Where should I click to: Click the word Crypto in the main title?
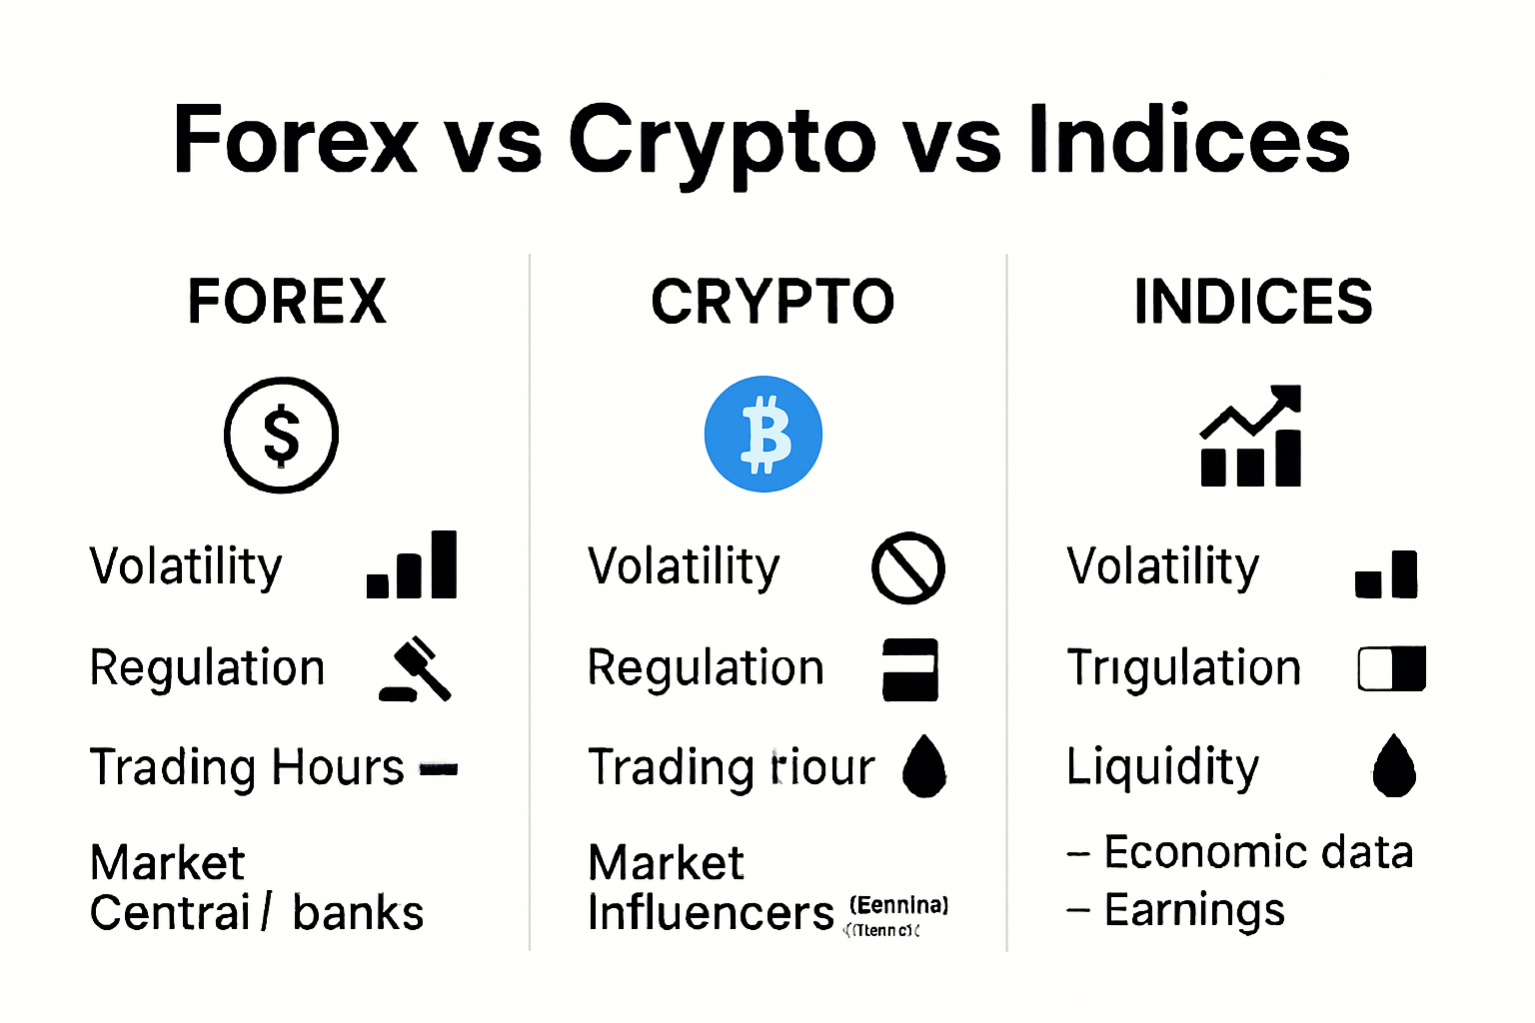coord(722,141)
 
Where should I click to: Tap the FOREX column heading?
coord(287,302)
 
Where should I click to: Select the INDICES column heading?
coord(1253,302)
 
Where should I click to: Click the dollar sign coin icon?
coord(281,435)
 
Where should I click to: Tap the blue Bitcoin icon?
coord(764,435)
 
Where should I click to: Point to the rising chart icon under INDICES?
coord(1251,436)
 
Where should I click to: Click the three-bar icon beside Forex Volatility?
coord(413,565)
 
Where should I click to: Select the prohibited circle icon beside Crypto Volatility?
coord(907,567)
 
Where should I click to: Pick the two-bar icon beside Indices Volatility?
coord(1386,574)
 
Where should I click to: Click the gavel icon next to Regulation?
coord(416,669)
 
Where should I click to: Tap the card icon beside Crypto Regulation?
coord(910,669)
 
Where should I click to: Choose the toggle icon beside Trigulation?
coord(1391,669)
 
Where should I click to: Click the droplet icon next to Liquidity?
coord(1394,767)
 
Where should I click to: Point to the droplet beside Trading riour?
coord(924,767)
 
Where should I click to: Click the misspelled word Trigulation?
coord(1184,667)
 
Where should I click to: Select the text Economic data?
coord(1258,852)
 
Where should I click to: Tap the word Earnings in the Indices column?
coord(1194,910)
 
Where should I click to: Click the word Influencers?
coord(711,912)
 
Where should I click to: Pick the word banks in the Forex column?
coord(358,913)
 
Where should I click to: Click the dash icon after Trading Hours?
coord(439,769)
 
